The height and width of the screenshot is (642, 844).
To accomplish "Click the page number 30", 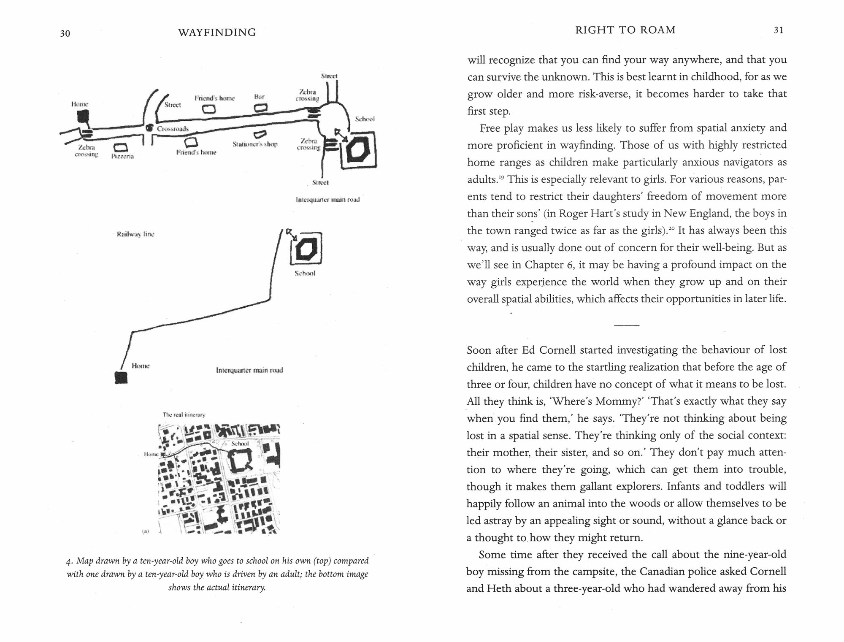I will [65, 33].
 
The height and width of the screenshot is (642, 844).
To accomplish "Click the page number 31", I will [779, 30].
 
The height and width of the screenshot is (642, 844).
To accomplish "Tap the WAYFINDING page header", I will [217, 33].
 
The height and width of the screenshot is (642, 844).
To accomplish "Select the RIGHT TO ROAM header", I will [625, 30].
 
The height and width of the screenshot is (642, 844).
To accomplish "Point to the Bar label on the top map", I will [259, 97].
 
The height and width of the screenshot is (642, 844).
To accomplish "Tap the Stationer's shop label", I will [255, 144].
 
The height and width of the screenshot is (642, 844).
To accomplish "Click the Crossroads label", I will [173, 129].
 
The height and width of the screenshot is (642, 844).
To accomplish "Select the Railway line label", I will [135, 234].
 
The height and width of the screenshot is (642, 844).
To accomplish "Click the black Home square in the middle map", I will [122, 377].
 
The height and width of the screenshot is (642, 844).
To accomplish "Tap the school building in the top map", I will [358, 151].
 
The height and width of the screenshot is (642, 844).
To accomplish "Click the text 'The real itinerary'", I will [184, 415].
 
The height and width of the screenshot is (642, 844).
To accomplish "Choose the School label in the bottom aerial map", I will [240, 444].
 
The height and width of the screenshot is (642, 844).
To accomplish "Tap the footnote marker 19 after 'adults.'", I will [501, 177].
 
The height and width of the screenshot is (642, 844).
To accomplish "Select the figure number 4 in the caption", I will [68, 561].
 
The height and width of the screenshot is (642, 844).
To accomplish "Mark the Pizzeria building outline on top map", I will [121, 147].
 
